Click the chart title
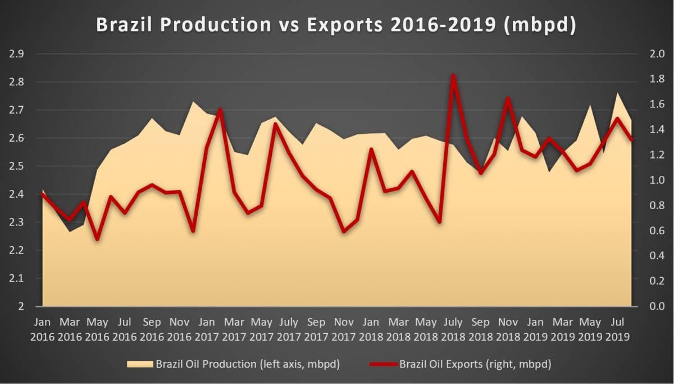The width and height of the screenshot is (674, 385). [x=336, y=25]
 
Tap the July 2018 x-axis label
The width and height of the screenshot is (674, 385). [x=453, y=329]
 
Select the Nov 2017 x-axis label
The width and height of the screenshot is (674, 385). [x=344, y=329]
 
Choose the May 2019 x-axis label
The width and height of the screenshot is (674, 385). [x=590, y=329]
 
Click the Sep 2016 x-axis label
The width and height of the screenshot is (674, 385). [x=152, y=329]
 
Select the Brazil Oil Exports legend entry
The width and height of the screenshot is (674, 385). [x=461, y=364]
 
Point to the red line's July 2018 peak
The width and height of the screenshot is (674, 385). [x=453, y=75]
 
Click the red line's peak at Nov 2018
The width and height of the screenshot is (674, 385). [x=508, y=98]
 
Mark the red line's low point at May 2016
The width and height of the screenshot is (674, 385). [x=97, y=239]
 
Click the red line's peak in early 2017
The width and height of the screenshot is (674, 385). [x=220, y=110]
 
